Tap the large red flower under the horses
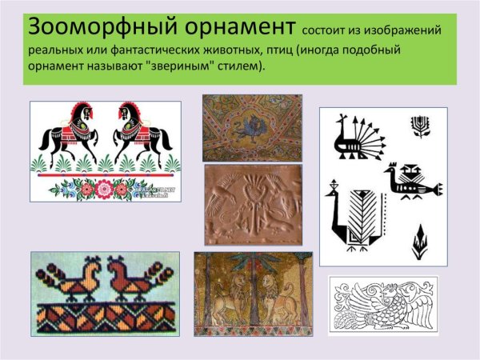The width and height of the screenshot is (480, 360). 103,189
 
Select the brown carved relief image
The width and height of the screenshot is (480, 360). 251,203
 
